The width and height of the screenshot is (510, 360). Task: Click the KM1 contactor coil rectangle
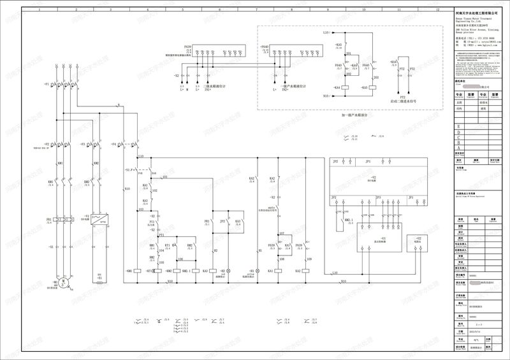[140, 271]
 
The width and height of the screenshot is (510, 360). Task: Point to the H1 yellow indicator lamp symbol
[258, 271]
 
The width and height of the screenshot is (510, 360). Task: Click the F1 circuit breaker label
[47, 85]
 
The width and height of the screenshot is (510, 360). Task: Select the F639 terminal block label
[187, 47]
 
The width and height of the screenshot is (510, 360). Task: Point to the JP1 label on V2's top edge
[368, 162]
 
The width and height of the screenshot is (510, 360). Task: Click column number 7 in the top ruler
[257, 10]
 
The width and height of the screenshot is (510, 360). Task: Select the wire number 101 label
[164, 176]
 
